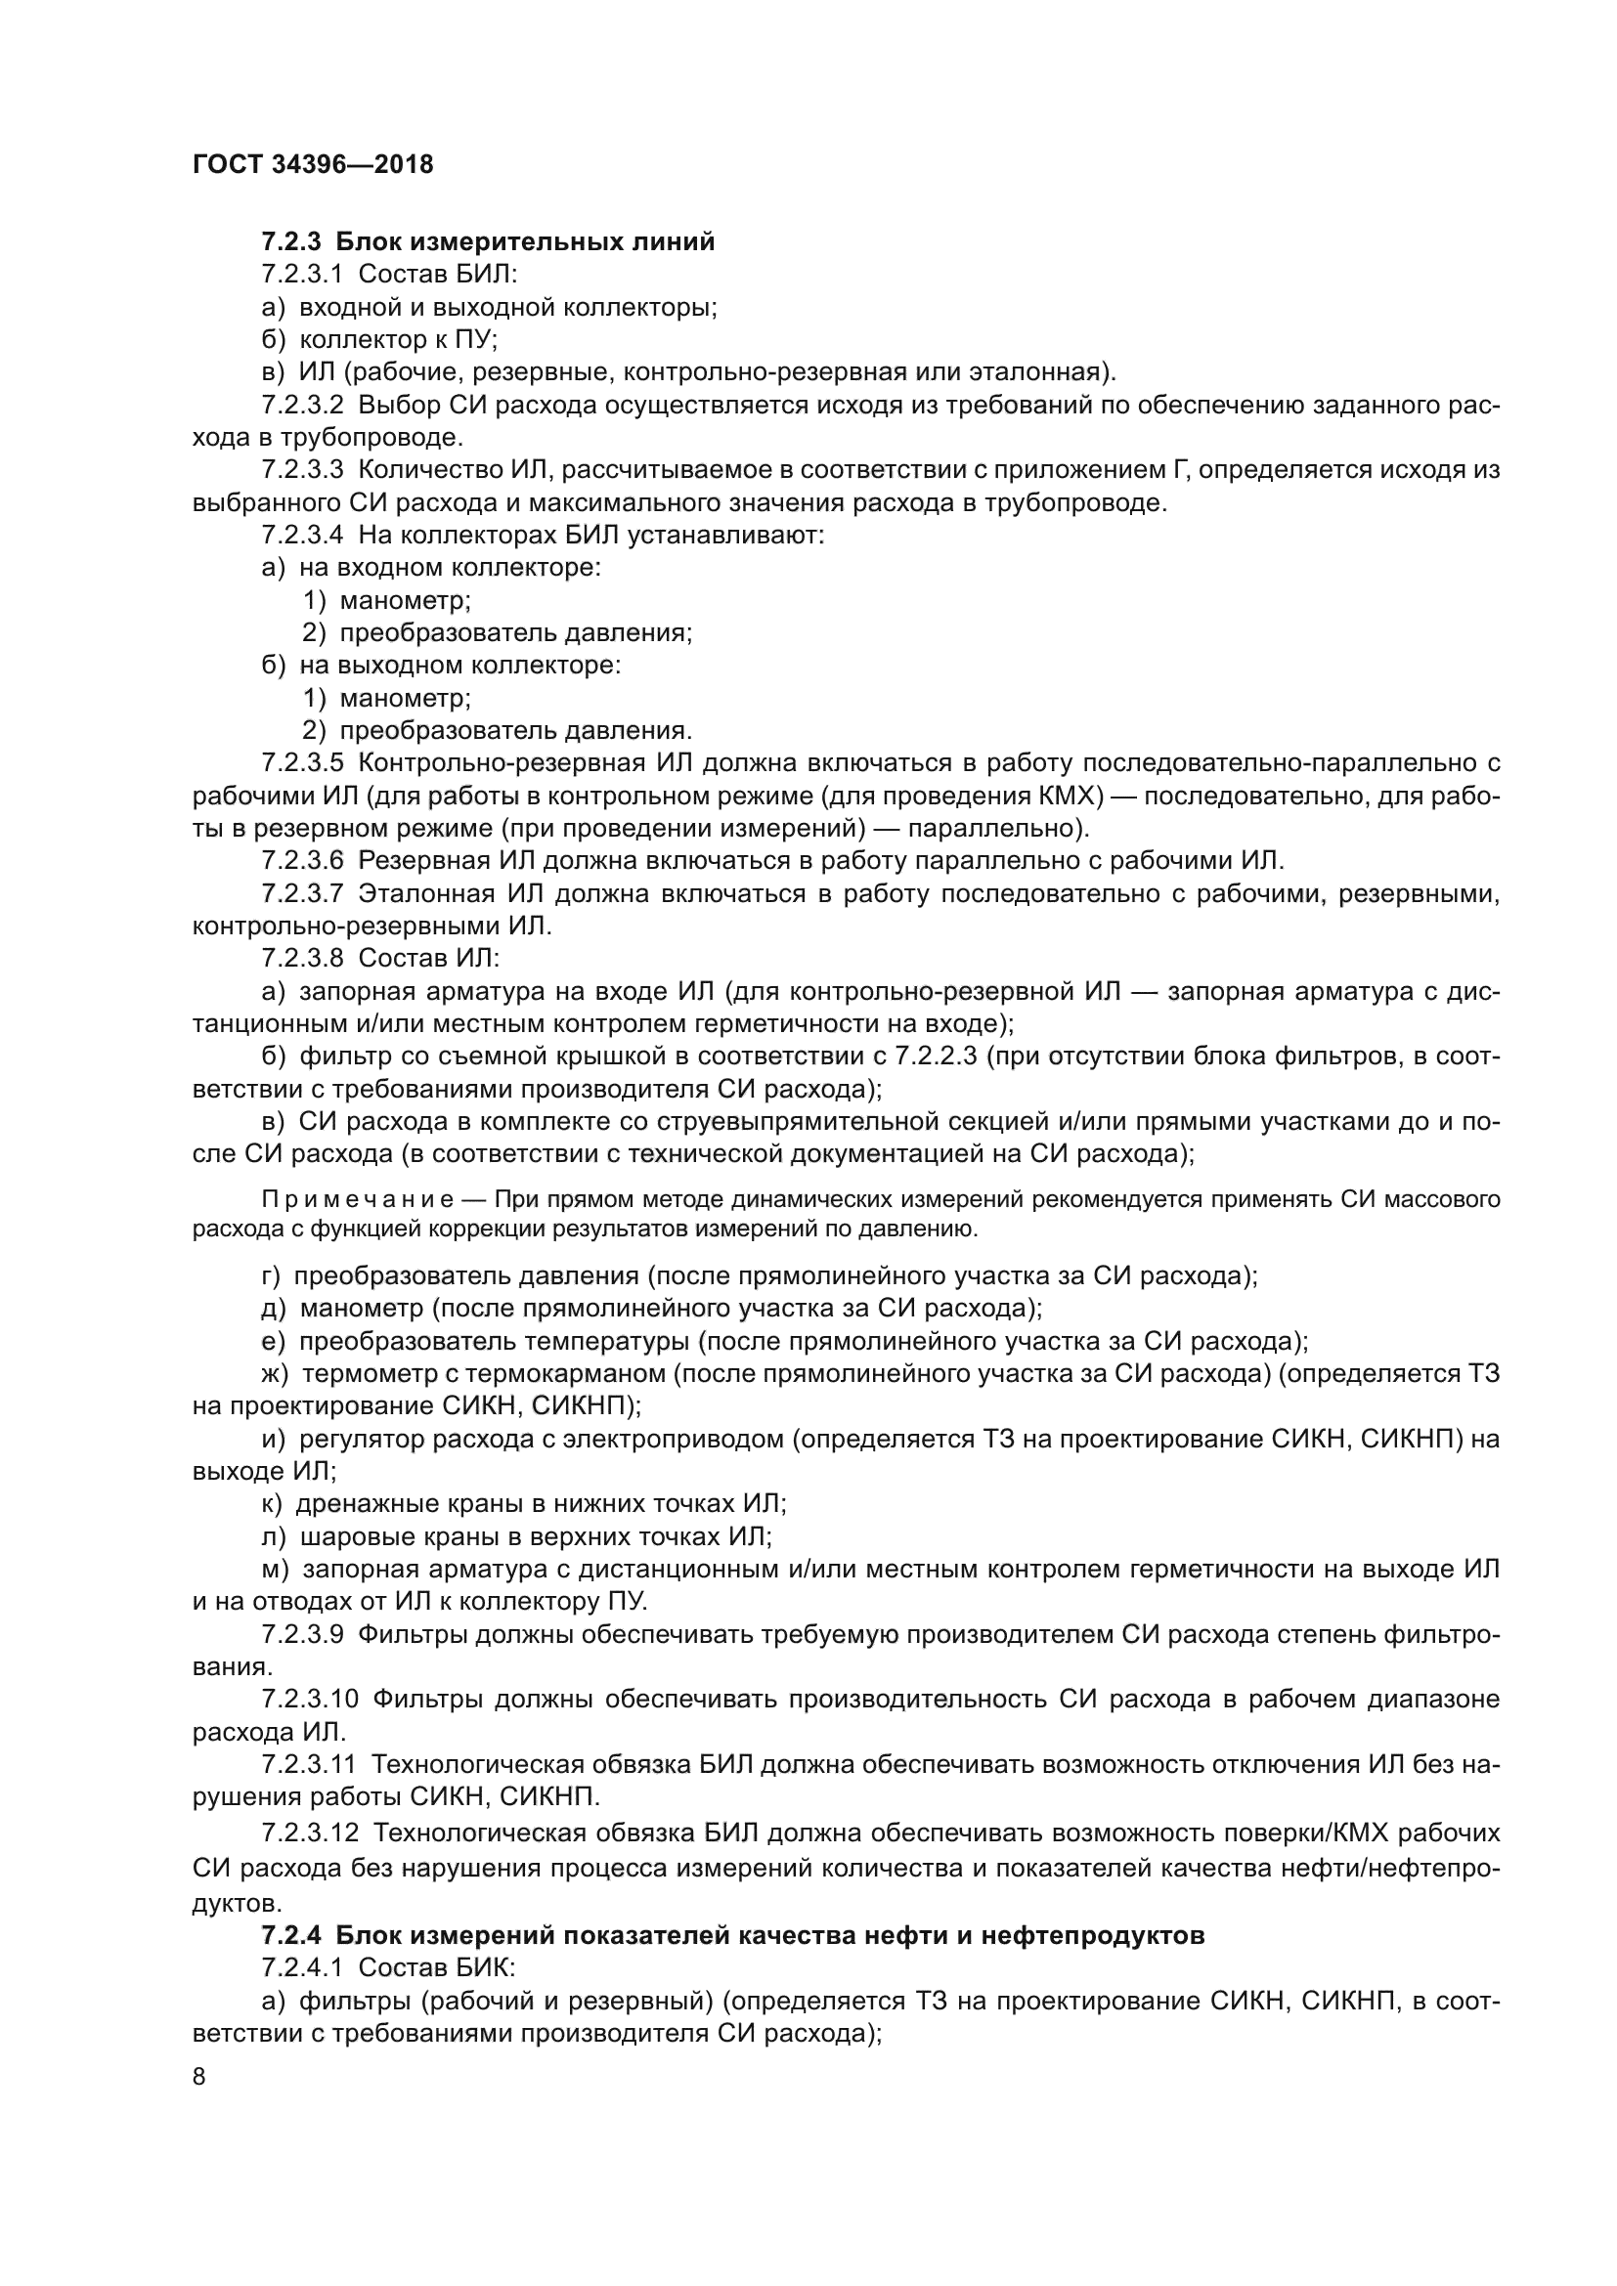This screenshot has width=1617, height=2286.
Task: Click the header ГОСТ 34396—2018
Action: [x=312, y=164]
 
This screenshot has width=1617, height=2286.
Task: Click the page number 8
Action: [x=199, y=2076]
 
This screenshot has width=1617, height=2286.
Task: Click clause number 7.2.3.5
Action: [x=303, y=762]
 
